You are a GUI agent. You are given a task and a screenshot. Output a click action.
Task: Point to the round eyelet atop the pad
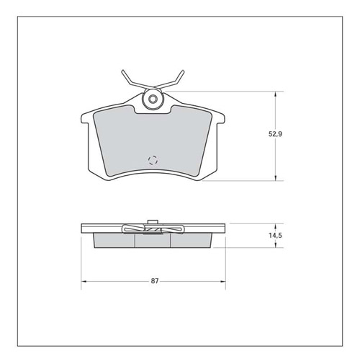click(152, 99)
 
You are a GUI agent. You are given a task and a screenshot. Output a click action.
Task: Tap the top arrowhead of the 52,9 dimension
click(276, 94)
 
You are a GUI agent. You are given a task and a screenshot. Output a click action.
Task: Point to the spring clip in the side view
click(152, 230)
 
